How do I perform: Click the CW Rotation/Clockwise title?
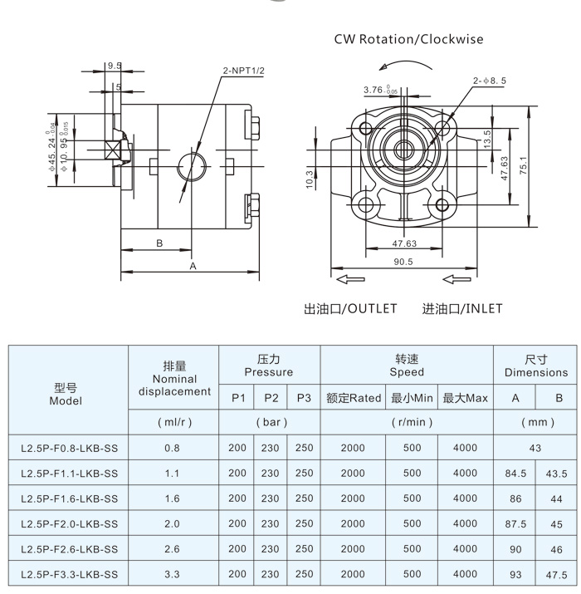click(408, 39)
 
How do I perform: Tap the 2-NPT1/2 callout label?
click(243, 71)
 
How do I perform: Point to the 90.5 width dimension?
click(403, 262)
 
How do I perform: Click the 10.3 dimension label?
click(309, 178)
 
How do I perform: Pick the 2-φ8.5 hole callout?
click(491, 81)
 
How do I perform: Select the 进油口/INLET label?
click(462, 309)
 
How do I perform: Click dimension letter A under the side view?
click(193, 267)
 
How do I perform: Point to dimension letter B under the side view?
click(159, 243)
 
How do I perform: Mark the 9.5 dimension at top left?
click(114, 66)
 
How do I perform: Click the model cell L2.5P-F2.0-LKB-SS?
click(69, 524)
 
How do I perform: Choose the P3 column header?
click(303, 398)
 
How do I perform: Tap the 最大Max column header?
click(465, 398)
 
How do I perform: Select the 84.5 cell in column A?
click(515, 474)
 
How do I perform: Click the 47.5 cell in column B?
click(557, 574)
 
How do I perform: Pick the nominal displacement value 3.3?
click(173, 574)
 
